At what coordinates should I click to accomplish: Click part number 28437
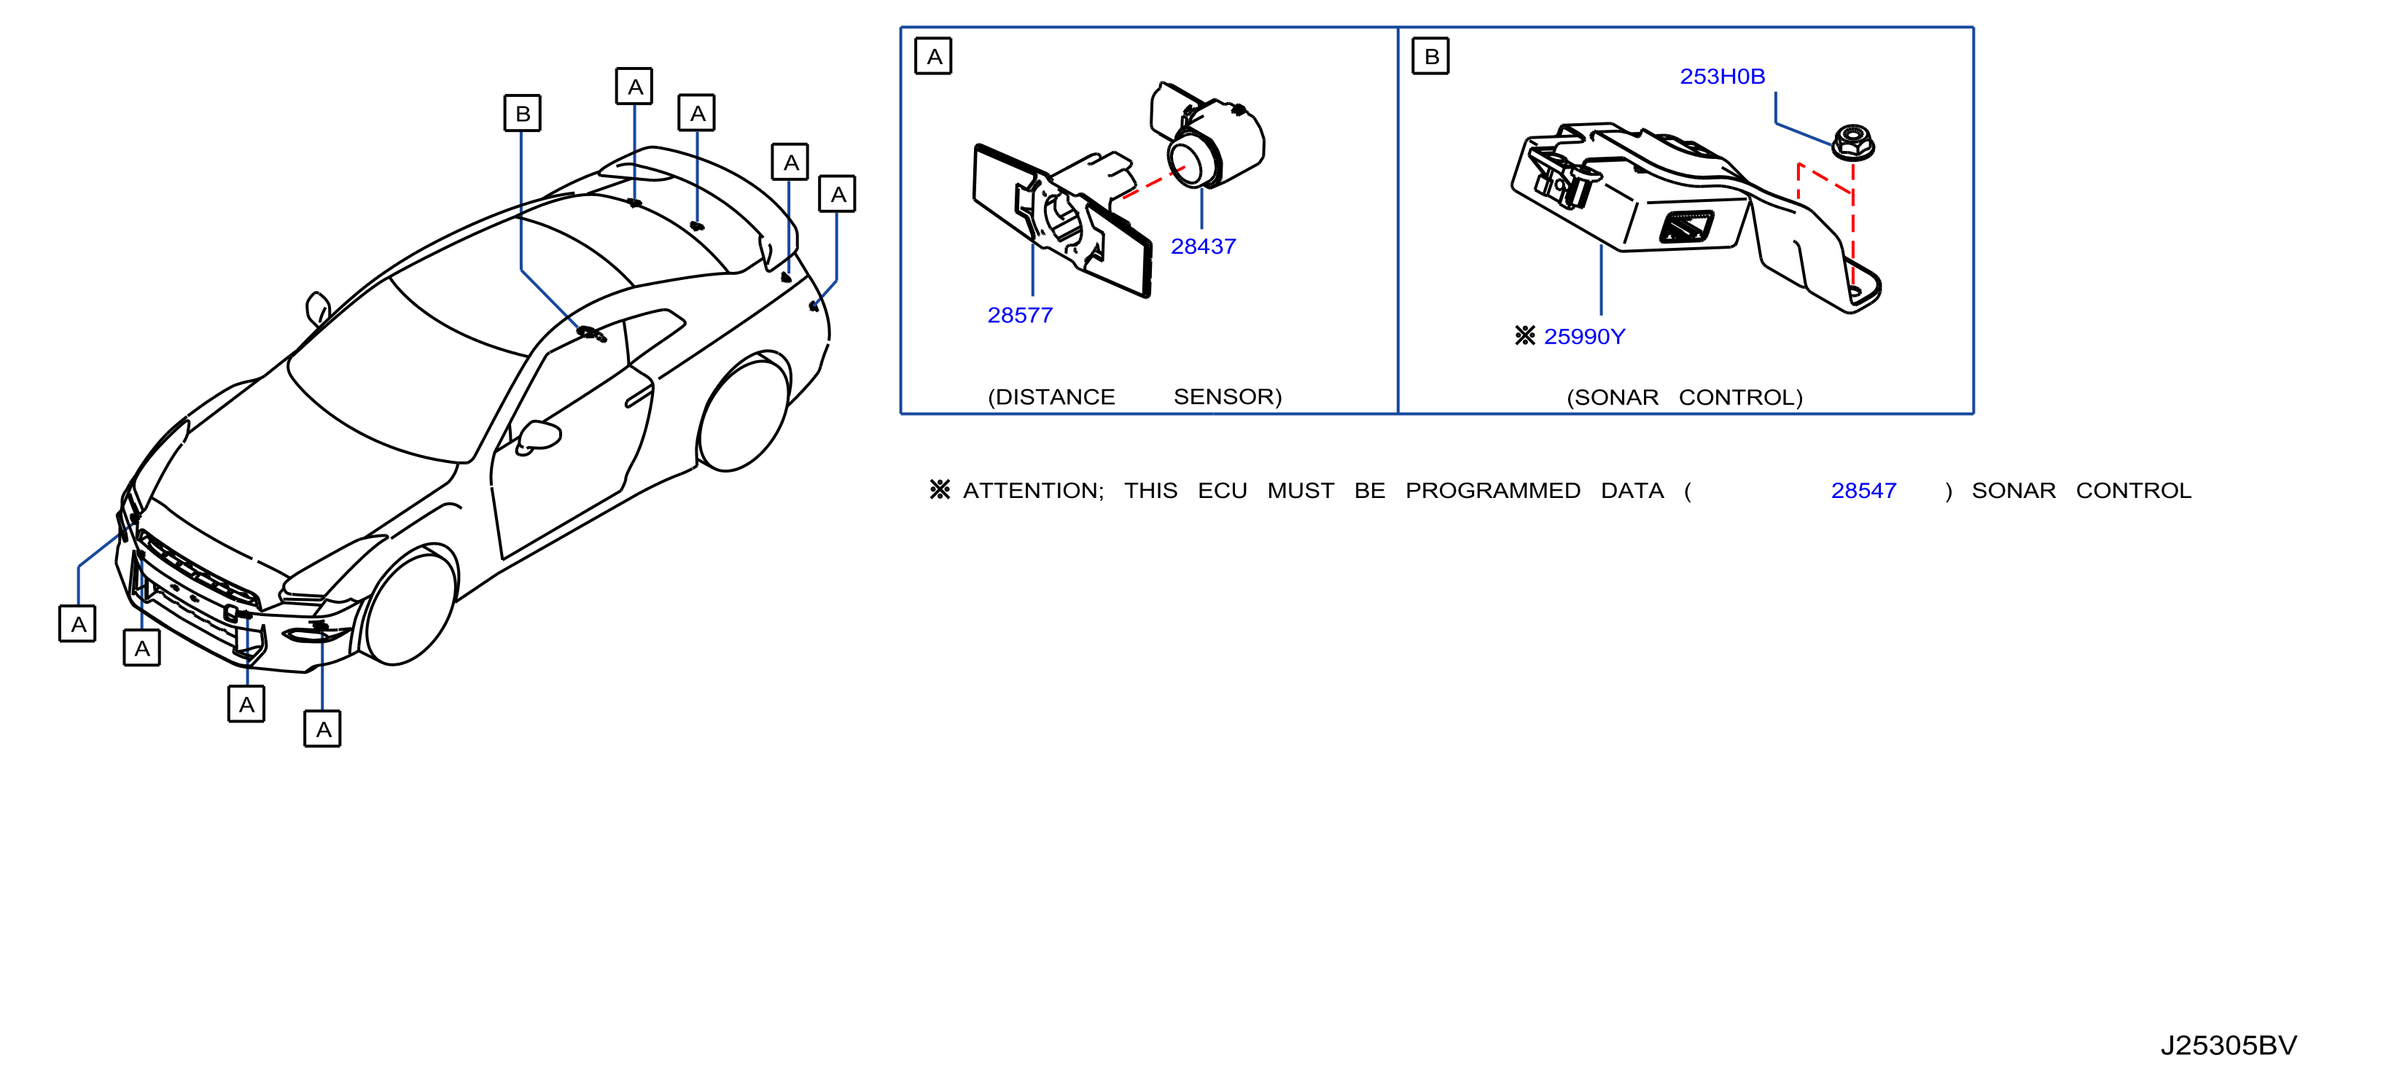pos(1203,246)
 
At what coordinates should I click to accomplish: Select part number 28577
pos(1020,315)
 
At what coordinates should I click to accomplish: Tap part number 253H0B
pos(1722,76)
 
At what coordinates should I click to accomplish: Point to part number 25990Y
pos(1584,337)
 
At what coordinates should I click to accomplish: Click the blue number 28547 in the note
pos(1863,491)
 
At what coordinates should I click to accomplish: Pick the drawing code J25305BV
pos(2229,1045)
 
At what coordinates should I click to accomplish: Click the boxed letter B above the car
pos(522,113)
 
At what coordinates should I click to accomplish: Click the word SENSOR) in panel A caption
pos(1228,397)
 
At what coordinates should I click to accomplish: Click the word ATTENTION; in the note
pos(1033,491)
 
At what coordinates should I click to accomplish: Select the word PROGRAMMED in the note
pos(1493,491)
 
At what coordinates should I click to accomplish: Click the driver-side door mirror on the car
pos(538,437)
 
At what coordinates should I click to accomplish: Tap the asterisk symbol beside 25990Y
pos(1524,335)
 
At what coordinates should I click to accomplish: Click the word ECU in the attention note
pos(1223,491)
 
